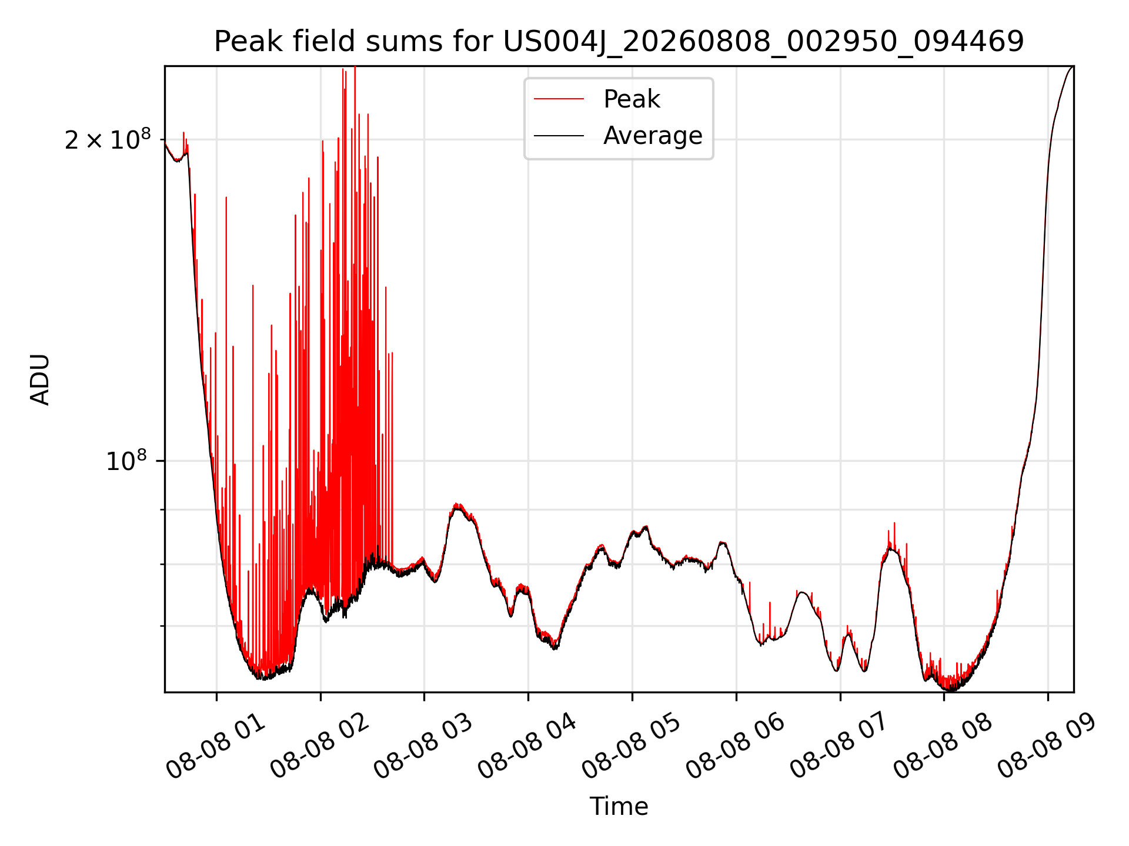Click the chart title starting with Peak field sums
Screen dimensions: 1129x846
(619, 42)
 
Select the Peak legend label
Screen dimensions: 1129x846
(632, 99)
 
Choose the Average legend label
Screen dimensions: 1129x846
(653, 136)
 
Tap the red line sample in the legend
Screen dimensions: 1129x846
(559, 99)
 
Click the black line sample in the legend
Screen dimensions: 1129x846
(559, 136)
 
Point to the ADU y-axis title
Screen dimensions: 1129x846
(40, 380)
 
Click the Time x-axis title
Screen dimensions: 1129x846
(619, 807)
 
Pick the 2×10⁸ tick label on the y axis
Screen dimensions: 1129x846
(108, 140)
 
